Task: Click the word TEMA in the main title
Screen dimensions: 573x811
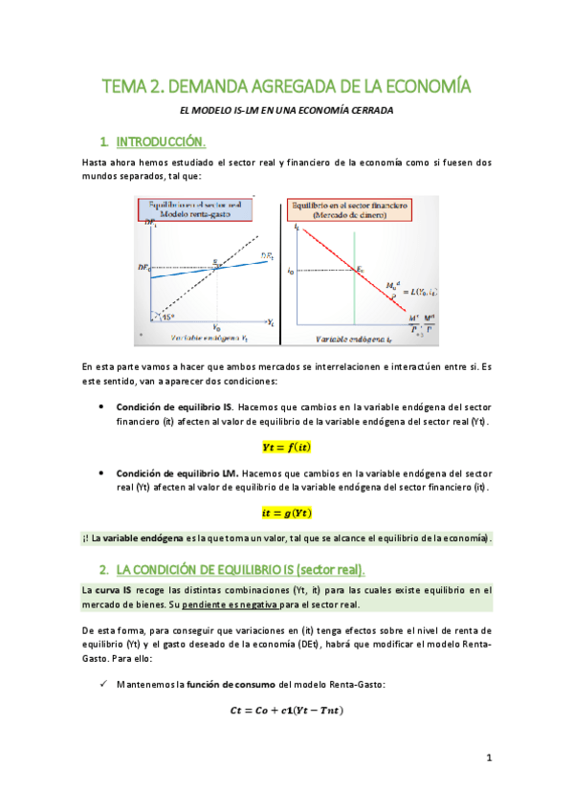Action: click(122, 87)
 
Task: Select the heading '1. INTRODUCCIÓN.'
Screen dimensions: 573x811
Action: click(160, 142)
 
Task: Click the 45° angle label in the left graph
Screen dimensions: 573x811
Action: click(167, 318)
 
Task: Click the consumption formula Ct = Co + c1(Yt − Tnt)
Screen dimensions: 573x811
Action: click(287, 710)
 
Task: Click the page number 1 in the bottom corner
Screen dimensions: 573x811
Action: click(488, 758)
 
